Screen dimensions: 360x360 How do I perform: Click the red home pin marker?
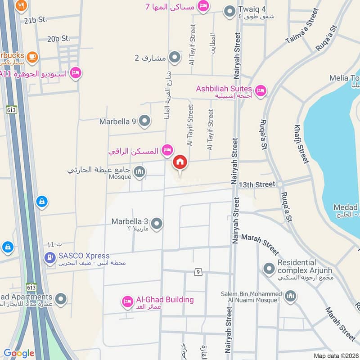(180, 162)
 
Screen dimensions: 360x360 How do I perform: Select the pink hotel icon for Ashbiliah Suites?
(260, 91)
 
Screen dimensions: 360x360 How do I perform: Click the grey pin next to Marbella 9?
(144, 121)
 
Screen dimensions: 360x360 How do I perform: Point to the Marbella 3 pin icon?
(157, 223)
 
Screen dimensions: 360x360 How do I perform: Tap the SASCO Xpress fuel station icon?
(49, 258)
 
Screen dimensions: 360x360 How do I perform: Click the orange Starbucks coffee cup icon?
(32, 57)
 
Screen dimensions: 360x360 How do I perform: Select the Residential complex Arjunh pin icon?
(269, 269)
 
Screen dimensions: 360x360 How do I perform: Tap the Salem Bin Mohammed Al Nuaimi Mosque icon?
(291, 296)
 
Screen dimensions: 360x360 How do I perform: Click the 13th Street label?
(257, 184)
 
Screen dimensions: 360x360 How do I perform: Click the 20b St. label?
(59, 39)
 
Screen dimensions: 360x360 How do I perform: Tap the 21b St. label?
(36, 20)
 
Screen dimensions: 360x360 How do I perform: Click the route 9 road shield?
(197, 272)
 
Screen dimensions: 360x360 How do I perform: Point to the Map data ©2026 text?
(335, 355)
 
